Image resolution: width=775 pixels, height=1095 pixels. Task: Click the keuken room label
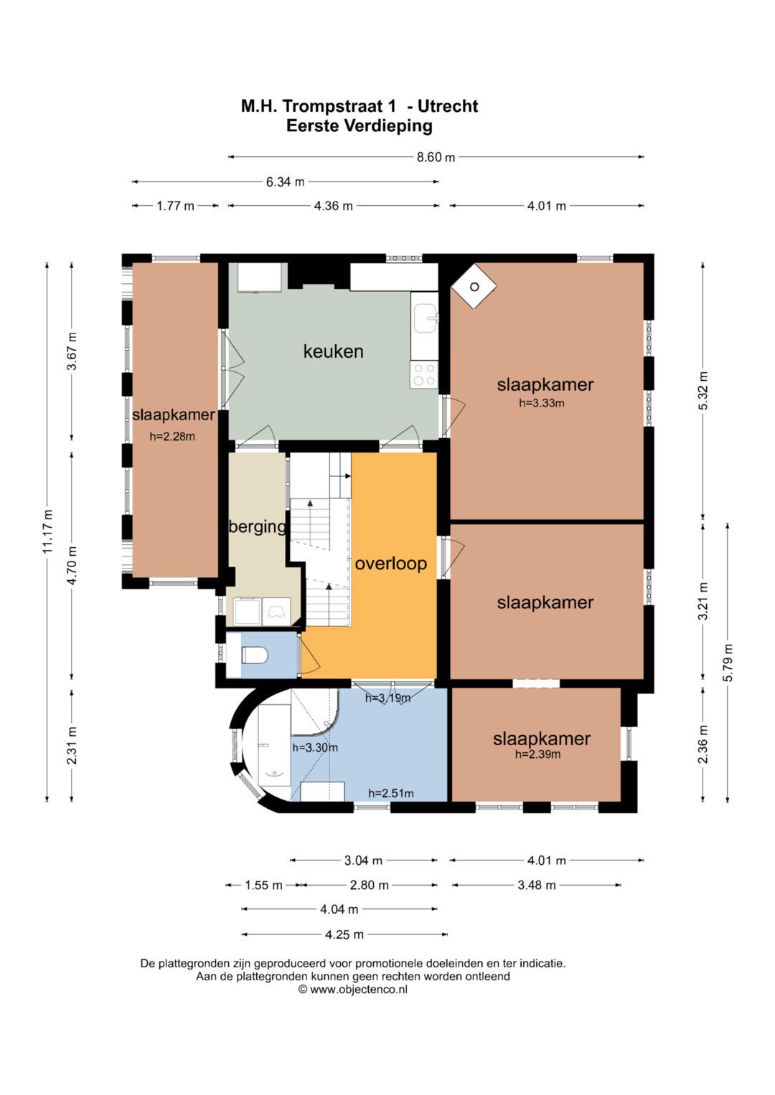[x=333, y=351]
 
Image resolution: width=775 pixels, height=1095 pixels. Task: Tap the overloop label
[x=391, y=564]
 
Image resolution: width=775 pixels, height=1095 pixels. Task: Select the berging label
[x=258, y=527]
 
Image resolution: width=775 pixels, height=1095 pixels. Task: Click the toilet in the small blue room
[x=255, y=655]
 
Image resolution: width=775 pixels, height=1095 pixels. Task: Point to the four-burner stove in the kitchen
[x=423, y=375]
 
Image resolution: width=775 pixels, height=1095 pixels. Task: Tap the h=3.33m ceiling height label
[x=542, y=403]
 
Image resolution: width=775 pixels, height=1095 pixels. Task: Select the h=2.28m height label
[x=172, y=437]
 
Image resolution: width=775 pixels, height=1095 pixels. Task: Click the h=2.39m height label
[x=537, y=754]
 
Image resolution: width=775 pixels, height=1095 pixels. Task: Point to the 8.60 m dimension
[x=436, y=157]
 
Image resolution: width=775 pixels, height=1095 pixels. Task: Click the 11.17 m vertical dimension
[x=47, y=531]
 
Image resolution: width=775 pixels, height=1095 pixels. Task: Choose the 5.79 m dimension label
[x=728, y=663]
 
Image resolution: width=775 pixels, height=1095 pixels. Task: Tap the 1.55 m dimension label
[x=264, y=886]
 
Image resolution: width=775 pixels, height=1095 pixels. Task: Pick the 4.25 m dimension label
[x=344, y=934]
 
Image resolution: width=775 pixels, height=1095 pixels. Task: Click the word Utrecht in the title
[x=448, y=106]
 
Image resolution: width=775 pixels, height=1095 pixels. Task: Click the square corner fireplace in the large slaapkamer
[x=474, y=287]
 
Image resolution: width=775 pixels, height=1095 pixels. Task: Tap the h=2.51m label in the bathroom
[x=391, y=793]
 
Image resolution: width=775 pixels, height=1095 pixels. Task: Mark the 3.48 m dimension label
[x=537, y=886]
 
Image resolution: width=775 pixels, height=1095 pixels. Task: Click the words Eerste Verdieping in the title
[x=360, y=126]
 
